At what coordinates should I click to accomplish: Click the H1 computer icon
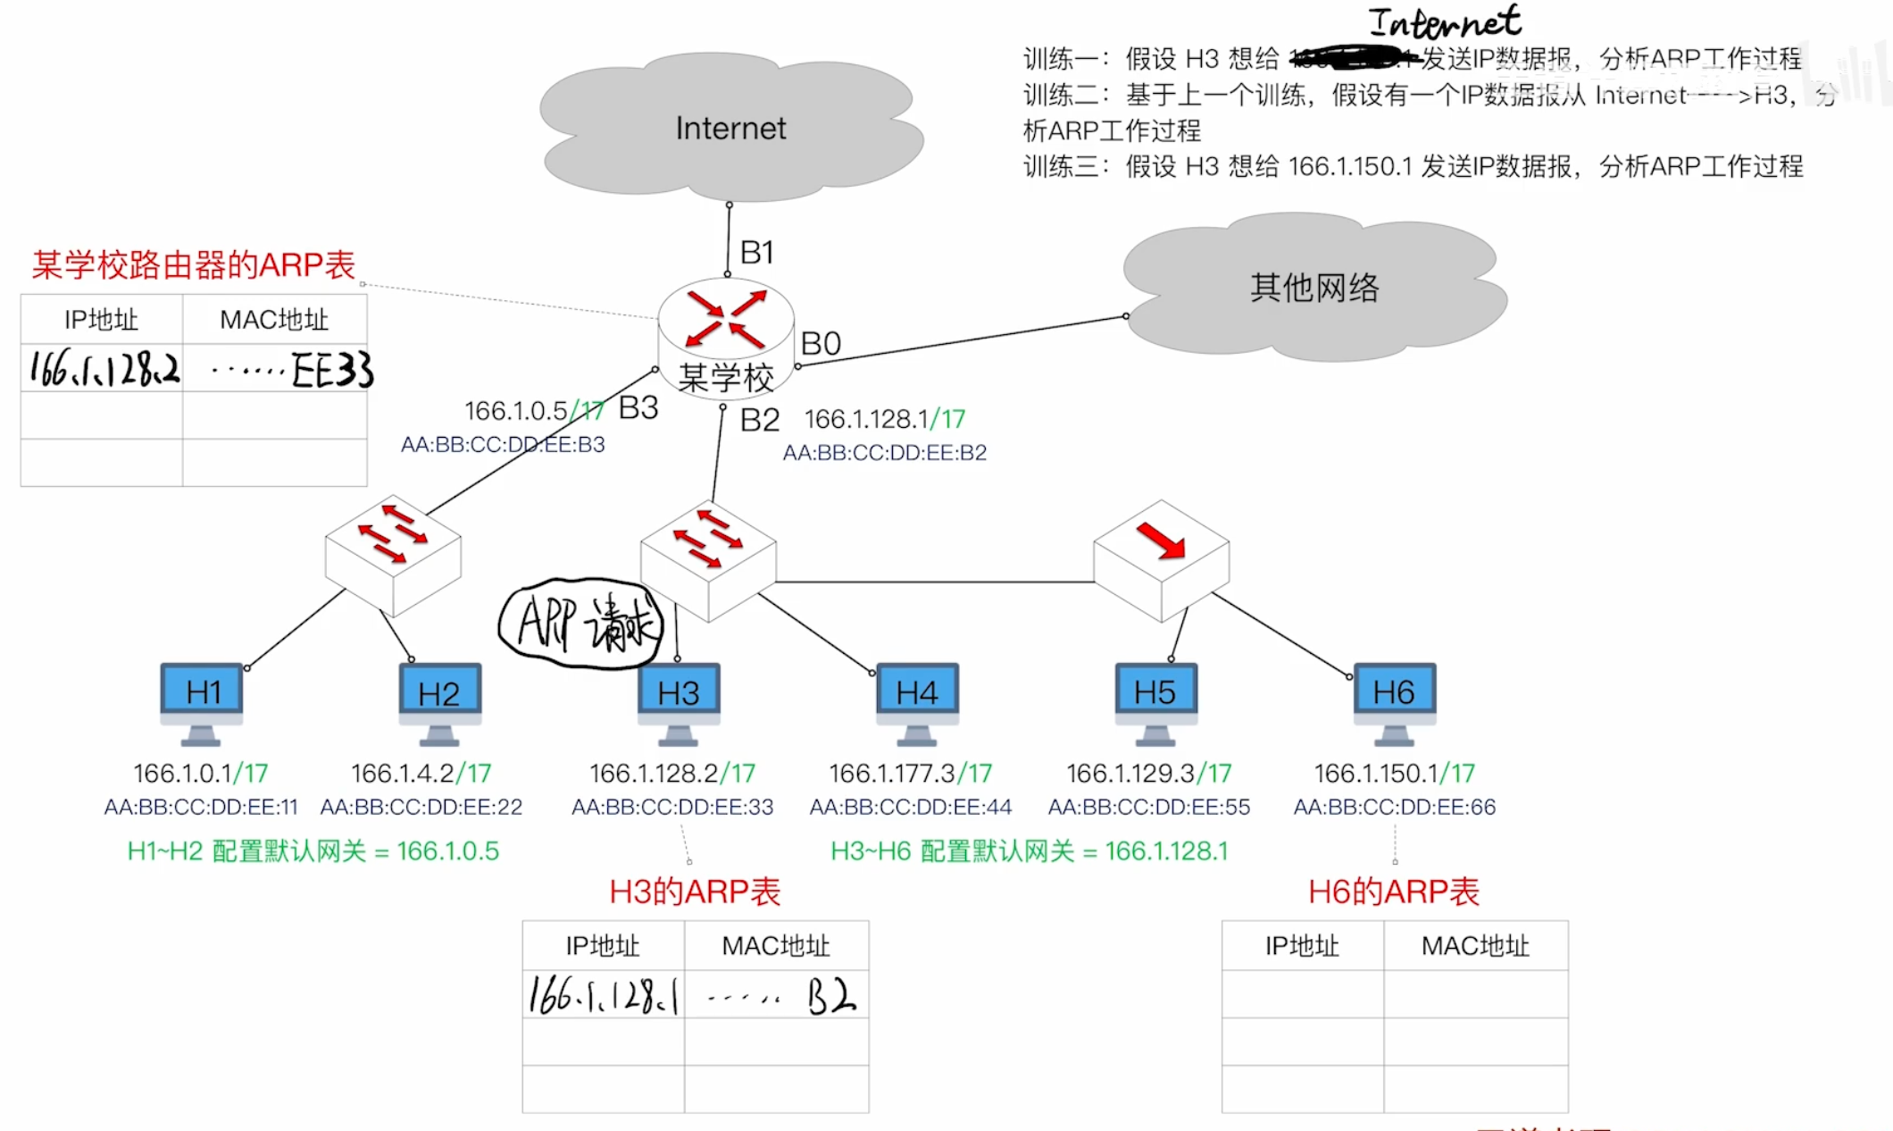click(x=202, y=702)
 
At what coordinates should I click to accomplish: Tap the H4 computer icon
click(x=917, y=702)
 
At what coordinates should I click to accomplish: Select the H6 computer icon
click(x=1394, y=702)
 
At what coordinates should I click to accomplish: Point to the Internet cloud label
click(x=730, y=129)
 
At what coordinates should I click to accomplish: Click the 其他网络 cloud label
click(x=1314, y=288)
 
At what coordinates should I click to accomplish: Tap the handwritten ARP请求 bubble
click(x=582, y=623)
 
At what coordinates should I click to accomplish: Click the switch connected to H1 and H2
click(x=393, y=554)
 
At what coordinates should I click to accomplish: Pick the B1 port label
click(x=756, y=253)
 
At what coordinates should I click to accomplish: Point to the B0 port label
click(x=821, y=344)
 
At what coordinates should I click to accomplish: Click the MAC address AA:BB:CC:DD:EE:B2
click(x=884, y=453)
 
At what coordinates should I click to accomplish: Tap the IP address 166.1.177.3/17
click(x=910, y=773)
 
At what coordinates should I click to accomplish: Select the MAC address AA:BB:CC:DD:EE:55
click(x=1148, y=808)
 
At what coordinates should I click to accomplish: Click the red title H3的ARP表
click(x=695, y=892)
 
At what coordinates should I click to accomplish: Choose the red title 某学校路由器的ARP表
click(x=194, y=265)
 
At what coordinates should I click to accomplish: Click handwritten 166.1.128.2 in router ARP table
click(x=104, y=368)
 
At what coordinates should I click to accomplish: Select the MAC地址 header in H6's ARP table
click(x=1475, y=946)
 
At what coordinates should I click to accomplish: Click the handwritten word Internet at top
click(x=1444, y=22)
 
